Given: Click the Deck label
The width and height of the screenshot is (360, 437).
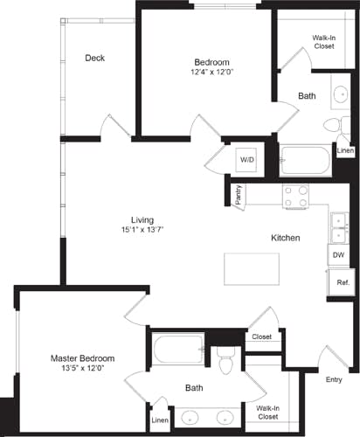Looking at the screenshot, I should pyautogui.click(x=95, y=59).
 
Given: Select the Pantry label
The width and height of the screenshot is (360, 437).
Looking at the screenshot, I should pyautogui.click(x=239, y=195).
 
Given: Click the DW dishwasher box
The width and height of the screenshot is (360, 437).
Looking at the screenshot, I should pyautogui.click(x=339, y=255).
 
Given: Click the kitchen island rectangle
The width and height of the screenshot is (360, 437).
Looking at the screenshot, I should pyautogui.click(x=251, y=267).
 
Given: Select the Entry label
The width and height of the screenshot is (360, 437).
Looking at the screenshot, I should pyautogui.click(x=334, y=379).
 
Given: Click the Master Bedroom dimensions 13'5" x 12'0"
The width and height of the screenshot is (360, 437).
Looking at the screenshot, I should pyautogui.click(x=82, y=369).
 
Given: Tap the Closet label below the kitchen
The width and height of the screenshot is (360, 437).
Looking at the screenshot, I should pyautogui.click(x=261, y=336).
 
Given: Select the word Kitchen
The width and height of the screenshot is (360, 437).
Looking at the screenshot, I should pyautogui.click(x=286, y=238).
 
